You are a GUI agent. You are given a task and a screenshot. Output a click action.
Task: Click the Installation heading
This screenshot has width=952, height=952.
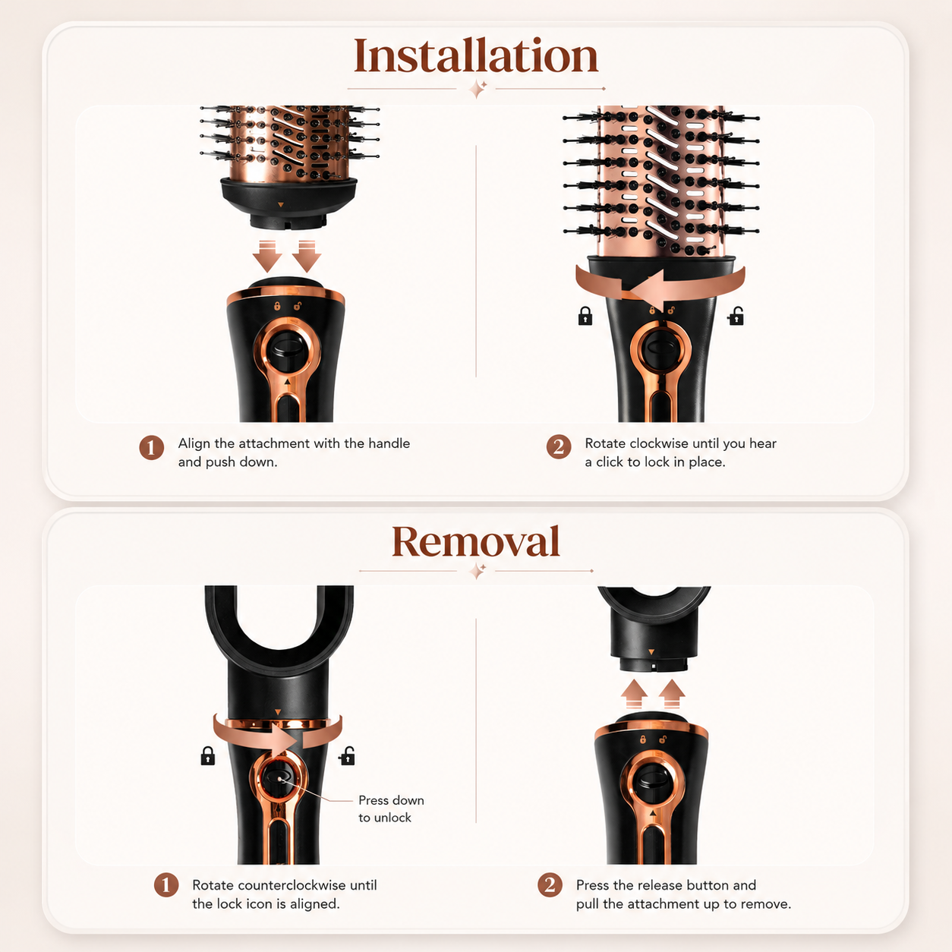pos(476,56)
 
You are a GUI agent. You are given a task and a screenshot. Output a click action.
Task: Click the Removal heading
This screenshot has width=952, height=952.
pos(476,541)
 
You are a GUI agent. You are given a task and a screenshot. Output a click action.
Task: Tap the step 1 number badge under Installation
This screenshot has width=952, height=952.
pos(152,448)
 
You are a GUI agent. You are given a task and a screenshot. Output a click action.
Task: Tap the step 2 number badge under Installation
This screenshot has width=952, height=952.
pos(559,447)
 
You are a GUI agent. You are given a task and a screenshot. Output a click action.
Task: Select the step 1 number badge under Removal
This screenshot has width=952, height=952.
pos(166,884)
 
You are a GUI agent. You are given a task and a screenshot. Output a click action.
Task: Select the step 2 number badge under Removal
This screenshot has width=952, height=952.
pos(550,884)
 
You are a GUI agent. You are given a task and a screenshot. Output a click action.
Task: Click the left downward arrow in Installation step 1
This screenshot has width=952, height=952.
pos(267,256)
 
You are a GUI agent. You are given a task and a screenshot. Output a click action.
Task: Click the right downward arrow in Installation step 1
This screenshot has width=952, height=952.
pos(307,256)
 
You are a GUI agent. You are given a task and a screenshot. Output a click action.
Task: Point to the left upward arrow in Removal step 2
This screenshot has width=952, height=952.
pos(634,694)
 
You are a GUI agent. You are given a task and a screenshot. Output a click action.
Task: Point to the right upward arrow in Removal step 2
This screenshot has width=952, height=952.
pos(672,694)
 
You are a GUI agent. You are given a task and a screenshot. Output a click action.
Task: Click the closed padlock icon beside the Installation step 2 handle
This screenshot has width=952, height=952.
pos(585,316)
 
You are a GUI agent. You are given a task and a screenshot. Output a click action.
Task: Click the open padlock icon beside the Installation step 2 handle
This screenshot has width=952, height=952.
pos(736,316)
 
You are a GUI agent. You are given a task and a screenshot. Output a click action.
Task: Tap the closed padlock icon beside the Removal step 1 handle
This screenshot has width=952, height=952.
pos(208,755)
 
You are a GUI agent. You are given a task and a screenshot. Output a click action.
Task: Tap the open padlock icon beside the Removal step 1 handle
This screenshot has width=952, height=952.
pos(347,755)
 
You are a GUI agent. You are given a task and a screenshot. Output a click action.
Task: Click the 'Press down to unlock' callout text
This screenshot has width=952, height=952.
pos(391,809)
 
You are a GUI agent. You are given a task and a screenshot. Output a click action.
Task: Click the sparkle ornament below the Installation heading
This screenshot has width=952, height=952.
pos(478,90)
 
